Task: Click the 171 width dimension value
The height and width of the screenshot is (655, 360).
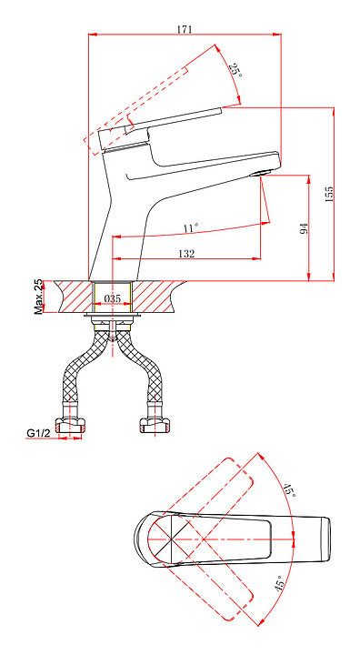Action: coord(185,29)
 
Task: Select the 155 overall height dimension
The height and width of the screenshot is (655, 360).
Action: coord(329,195)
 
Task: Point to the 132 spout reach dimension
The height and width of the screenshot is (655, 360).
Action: coord(186,254)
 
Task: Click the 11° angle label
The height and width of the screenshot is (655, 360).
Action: coord(190,228)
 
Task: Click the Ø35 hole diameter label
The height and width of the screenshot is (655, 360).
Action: coord(113,298)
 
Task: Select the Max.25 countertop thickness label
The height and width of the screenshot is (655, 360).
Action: coord(38,297)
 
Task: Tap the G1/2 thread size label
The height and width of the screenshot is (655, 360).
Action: coord(38,434)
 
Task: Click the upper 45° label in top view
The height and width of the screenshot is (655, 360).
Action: coord(289,490)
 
